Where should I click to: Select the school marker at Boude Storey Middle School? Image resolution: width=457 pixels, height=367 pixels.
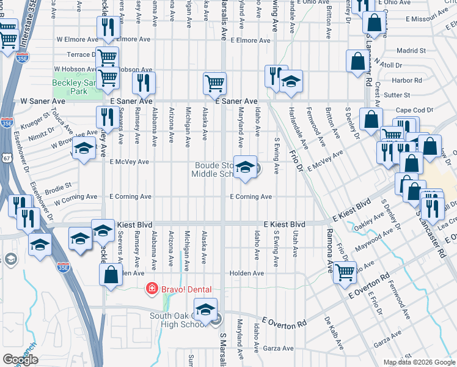tap(245, 168)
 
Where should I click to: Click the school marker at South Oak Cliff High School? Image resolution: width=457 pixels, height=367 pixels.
tap(206, 310)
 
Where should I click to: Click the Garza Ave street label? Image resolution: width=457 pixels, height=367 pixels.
tap(279, 348)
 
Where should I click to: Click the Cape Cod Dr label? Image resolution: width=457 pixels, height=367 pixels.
tap(411, 110)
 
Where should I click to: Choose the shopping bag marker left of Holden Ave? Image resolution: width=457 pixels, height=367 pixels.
tap(111, 275)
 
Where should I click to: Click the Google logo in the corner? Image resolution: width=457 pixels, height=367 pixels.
tap(20, 359)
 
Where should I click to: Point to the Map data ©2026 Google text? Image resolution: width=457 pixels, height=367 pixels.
tap(419, 362)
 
